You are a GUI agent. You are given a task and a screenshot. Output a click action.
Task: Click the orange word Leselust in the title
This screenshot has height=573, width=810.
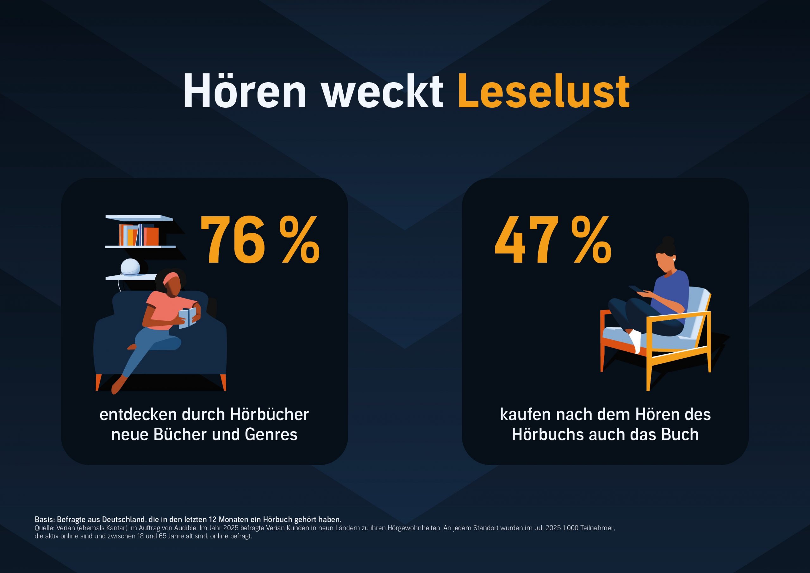(x=543, y=91)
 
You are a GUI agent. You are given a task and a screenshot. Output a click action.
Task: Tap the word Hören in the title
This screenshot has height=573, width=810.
(x=245, y=91)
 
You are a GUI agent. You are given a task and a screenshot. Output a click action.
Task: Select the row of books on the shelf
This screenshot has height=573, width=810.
(x=138, y=235)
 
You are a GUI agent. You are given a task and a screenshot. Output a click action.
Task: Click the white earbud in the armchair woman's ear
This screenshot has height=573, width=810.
(x=674, y=260)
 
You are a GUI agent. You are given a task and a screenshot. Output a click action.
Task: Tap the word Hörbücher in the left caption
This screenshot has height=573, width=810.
(x=270, y=414)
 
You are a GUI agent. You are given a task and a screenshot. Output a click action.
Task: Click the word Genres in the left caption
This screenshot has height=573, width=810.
(x=271, y=435)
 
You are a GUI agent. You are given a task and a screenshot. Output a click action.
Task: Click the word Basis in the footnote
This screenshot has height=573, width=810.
(x=44, y=519)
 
